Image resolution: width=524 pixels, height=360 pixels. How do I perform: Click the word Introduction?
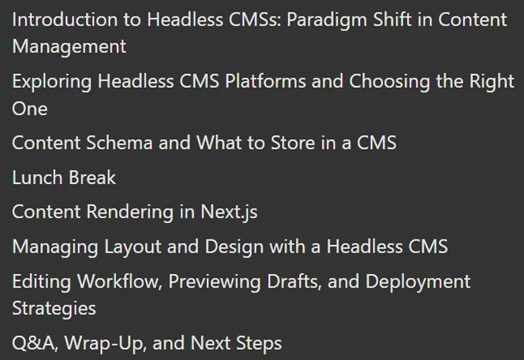[65, 19]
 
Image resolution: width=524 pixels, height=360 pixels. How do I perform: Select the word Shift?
[392, 19]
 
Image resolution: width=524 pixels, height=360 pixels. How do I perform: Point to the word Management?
[69, 46]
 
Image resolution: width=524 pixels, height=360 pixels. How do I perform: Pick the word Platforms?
[265, 81]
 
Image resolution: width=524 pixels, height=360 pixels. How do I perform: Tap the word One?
[30, 109]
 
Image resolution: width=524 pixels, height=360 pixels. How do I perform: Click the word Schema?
[120, 143]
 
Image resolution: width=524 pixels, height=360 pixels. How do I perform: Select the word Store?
[293, 143]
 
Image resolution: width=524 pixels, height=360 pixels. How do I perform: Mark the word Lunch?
[38, 177]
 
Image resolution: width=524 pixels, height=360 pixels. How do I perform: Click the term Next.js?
[229, 213]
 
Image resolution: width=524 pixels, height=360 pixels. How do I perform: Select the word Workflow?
[120, 282]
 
